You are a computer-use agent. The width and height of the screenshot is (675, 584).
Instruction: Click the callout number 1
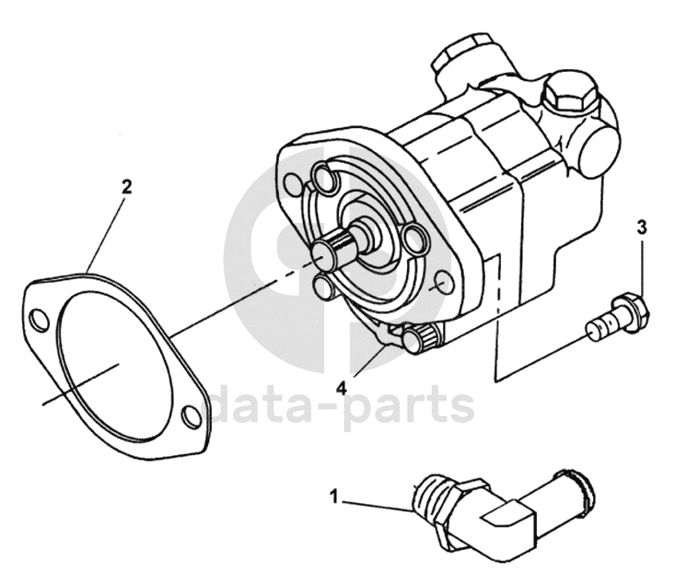pyautogui.click(x=334, y=496)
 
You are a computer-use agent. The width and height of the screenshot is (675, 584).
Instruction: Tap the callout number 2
pyautogui.click(x=126, y=187)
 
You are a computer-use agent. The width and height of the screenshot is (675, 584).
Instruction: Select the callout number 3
pyautogui.click(x=642, y=228)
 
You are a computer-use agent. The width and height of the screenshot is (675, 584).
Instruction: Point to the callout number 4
pyautogui.click(x=341, y=389)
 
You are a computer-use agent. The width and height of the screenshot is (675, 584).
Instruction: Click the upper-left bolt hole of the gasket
pyautogui.click(x=40, y=320)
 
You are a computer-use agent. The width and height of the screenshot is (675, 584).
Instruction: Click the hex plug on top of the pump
pyautogui.click(x=566, y=96)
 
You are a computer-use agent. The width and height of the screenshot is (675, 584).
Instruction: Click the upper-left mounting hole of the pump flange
pyautogui.click(x=293, y=183)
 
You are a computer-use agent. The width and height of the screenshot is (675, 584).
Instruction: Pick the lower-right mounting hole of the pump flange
pyautogui.click(x=443, y=283)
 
